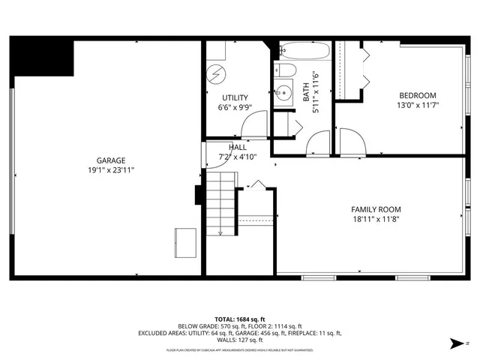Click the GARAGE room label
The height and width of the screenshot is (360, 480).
coord(110,160)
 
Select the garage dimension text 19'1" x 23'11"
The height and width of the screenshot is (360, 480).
coord(110,170)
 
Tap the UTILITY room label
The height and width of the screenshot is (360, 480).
coord(235,98)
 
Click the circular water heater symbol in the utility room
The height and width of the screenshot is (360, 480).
coord(217,73)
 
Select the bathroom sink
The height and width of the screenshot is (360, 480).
coord(283,94)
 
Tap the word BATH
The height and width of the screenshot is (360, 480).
coord(306,91)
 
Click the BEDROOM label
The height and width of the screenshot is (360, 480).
coord(417,95)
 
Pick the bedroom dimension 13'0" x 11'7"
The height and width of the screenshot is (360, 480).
coord(417,106)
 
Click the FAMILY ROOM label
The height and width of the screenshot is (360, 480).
coord(376,209)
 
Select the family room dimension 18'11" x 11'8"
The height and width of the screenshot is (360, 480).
coord(376,220)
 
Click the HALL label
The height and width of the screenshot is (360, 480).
coord(237,147)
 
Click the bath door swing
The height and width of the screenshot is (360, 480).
coord(318,143)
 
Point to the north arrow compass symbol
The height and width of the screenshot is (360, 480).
coord(456,343)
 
